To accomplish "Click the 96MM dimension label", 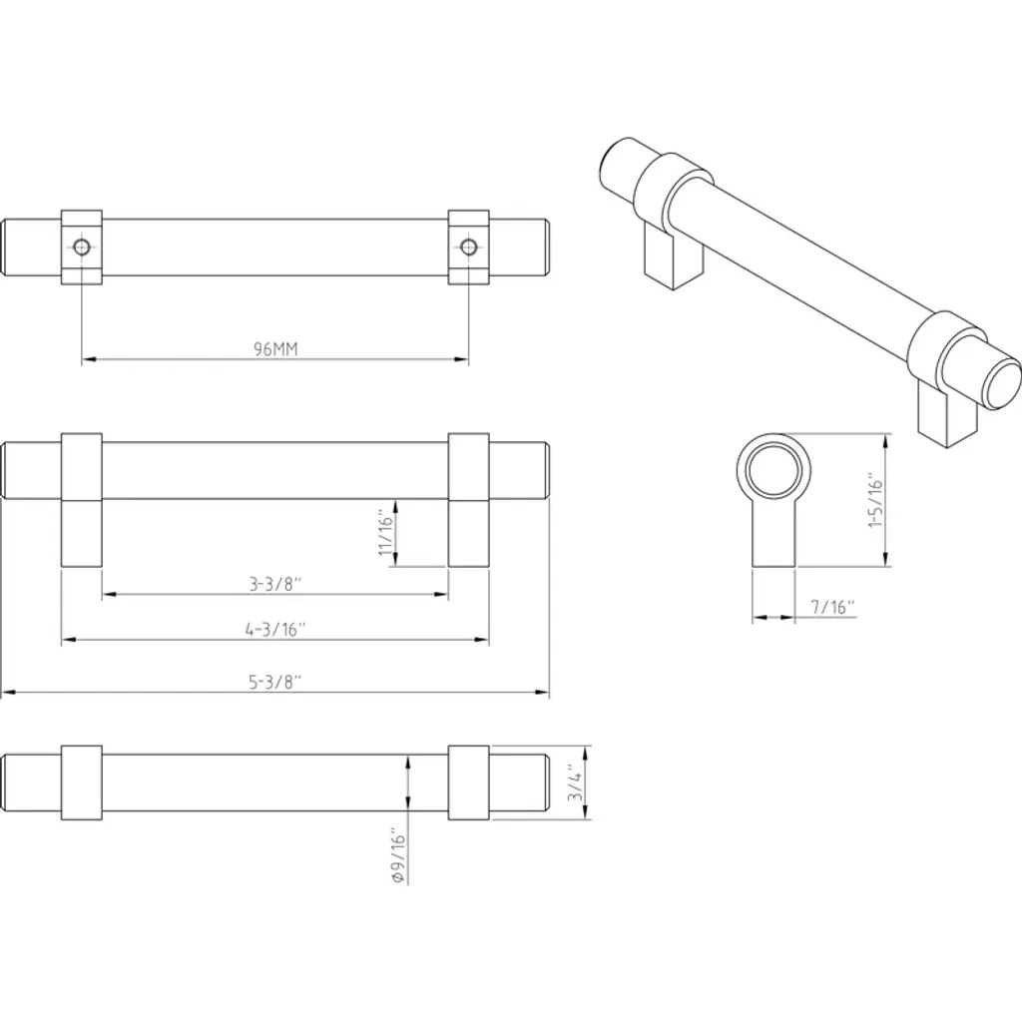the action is tap(275, 349).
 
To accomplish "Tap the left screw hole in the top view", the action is tap(82, 248).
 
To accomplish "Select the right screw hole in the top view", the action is tap(468, 248).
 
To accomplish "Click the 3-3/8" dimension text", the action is tap(275, 584).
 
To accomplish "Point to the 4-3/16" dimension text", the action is tap(275, 630).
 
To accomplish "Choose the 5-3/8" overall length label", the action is tap(275, 682).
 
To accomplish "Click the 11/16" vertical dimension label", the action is tap(387, 535).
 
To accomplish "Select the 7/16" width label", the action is tap(832, 608).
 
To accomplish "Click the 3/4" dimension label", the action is tap(576, 782).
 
